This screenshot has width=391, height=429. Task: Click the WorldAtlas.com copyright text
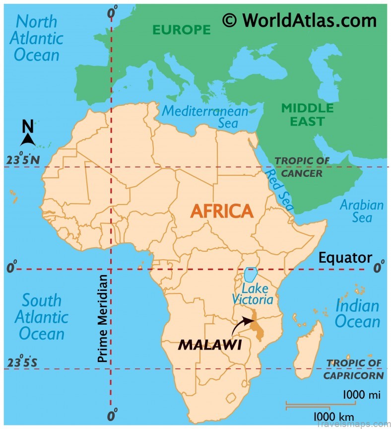[x=299, y=20]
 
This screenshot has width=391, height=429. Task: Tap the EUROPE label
[x=181, y=30]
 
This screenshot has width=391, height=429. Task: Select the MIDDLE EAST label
[x=307, y=115]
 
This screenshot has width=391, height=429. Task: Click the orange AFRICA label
[x=222, y=211]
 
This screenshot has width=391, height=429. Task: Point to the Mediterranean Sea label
[x=205, y=117]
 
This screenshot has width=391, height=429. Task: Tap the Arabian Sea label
[x=362, y=211]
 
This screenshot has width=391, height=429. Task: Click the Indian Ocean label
[x=357, y=313]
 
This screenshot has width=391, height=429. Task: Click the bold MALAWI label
[x=209, y=344]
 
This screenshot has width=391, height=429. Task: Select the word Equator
[x=345, y=258]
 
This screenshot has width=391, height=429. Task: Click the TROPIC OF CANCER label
[x=302, y=167]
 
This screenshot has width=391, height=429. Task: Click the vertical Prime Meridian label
[x=103, y=318]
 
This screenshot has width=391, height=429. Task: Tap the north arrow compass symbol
[x=27, y=134]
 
